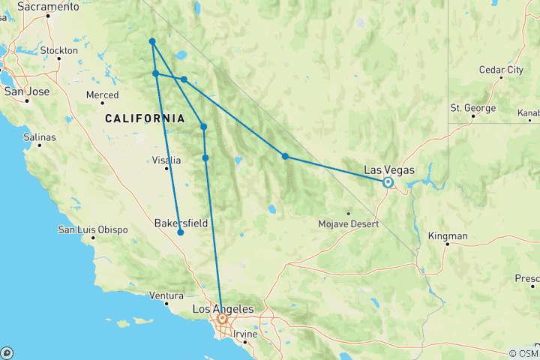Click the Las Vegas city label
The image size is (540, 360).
pyautogui.click(x=388, y=170)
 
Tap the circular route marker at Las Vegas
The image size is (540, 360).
pyautogui.click(x=388, y=182)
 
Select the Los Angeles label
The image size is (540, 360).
pyautogui.click(x=223, y=309)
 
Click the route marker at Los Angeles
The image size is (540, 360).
pyautogui.click(x=222, y=319)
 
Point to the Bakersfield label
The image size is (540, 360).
pyautogui.click(x=181, y=223)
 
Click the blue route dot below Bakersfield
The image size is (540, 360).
pyautogui.click(x=181, y=232)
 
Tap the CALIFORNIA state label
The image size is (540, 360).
pyautogui.click(x=145, y=118)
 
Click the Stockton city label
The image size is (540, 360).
pyautogui.click(x=58, y=50)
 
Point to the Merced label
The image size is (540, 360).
pyautogui.click(x=102, y=95)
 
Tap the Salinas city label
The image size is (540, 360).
pyautogui.click(x=40, y=137)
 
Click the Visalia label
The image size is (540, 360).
pyautogui.click(x=166, y=160)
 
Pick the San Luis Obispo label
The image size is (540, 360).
pyautogui.click(x=92, y=229)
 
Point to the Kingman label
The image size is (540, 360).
pyautogui.click(x=448, y=236)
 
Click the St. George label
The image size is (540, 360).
pyautogui.click(x=472, y=108)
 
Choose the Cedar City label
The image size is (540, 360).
pyautogui.click(x=501, y=70)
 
